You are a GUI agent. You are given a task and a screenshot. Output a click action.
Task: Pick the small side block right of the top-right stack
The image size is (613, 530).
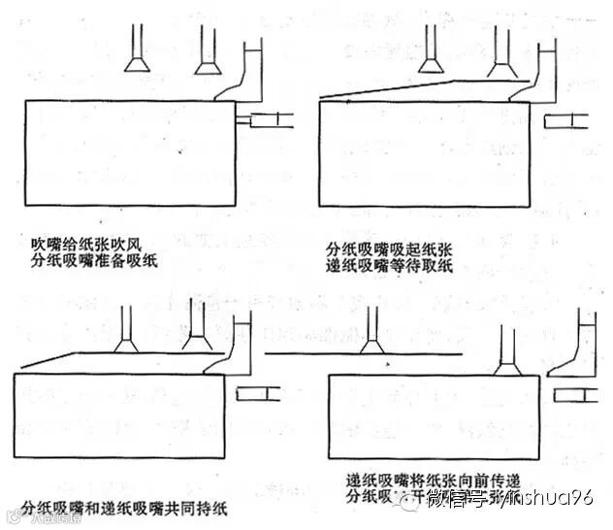tap(565, 120)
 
